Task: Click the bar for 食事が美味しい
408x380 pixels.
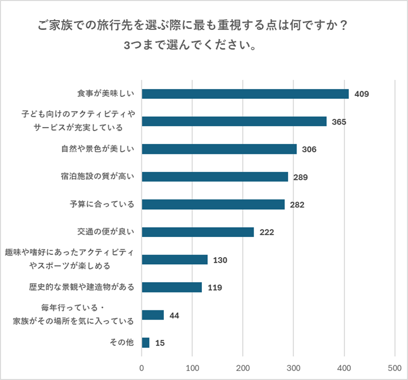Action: pyautogui.click(x=245, y=94)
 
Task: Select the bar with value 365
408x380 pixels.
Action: pyautogui.click(x=234, y=121)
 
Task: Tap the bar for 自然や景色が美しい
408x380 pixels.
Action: pyautogui.click(x=219, y=149)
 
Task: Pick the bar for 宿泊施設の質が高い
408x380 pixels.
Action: pyautogui.click(x=215, y=177)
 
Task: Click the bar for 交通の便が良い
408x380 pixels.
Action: pyautogui.click(x=198, y=232)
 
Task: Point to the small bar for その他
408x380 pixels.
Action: pyautogui.click(x=146, y=342)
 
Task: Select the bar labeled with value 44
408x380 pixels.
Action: pyautogui.click(x=153, y=315)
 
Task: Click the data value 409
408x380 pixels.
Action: pyautogui.click(x=362, y=94)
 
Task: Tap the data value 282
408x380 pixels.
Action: pyautogui.click(x=296, y=204)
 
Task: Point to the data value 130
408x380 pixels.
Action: pyautogui.click(x=220, y=260)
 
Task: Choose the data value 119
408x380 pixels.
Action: pyautogui.click(x=214, y=288)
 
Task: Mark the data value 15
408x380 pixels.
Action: pyautogui.click(x=159, y=343)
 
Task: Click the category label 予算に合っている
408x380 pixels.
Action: pyautogui.click(x=102, y=204)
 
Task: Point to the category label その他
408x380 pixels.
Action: pyautogui.click(x=121, y=342)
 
